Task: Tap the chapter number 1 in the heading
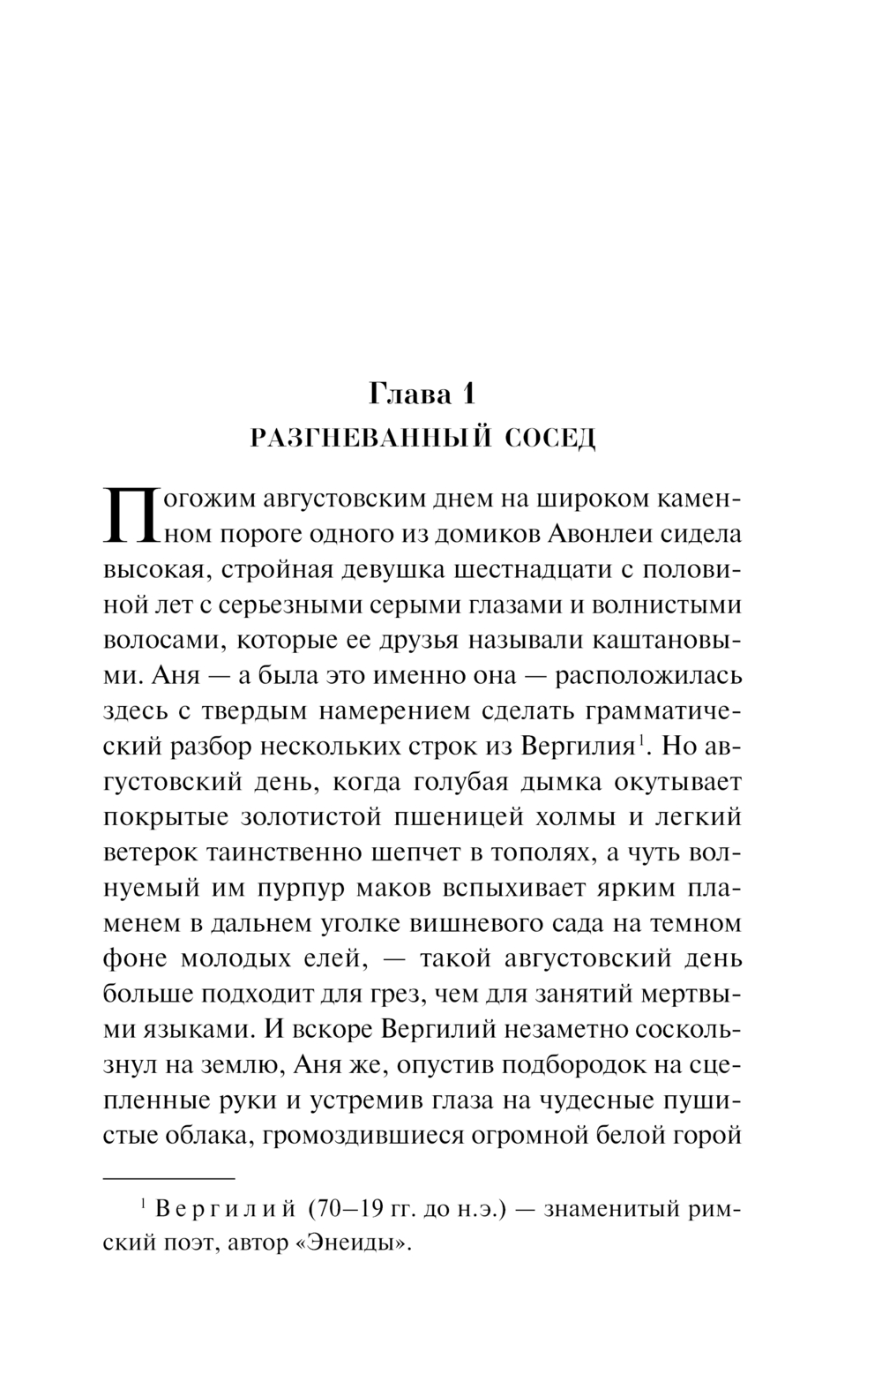(467, 394)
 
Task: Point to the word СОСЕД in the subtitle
(551, 439)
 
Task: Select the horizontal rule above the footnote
(170, 1178)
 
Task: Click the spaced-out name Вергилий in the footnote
(225, 1209)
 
